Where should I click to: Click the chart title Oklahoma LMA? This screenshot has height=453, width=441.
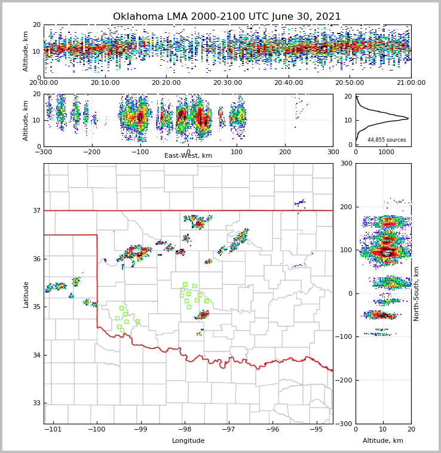point(226,17)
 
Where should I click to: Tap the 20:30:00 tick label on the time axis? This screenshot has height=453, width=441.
point(228,83)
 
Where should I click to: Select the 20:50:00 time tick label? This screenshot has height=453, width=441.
point(350,83)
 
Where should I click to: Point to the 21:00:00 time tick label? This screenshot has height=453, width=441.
point(411,83)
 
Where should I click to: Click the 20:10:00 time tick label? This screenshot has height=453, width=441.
point(105,83)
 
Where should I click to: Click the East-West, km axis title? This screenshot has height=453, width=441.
point(188,156)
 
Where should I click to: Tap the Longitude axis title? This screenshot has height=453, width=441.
point(188,441)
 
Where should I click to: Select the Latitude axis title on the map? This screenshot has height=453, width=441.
point(26,294)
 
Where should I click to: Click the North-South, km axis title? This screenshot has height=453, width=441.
point(416,293)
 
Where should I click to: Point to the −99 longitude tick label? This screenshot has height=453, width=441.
point(140,429)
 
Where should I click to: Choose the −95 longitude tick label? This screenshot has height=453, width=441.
point(316,429)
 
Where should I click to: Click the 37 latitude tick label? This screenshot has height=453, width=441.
point(36,210)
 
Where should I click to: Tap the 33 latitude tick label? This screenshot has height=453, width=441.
point(36,403)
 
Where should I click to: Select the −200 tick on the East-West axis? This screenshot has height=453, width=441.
point(91,152)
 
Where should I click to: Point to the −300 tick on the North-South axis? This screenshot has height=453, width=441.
point(344,424)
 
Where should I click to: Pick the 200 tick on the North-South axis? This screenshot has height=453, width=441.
point(345,207)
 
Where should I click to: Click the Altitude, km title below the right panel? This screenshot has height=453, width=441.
point(383,441)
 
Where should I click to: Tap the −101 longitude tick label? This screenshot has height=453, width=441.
point(53,429)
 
